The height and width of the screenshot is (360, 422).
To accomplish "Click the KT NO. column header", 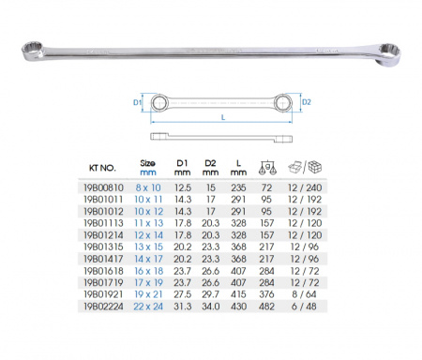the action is click(x=102, y=168).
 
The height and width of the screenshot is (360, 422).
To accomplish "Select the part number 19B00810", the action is click(x=103, y=187).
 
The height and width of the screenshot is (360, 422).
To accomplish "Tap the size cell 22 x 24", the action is click(x=148, y=307).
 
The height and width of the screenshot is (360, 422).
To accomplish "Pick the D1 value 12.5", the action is click(x=183, y=187).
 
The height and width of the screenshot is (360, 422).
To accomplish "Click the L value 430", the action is click(x=238, y=307).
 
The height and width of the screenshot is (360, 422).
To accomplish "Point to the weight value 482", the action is click(x=266, y=307).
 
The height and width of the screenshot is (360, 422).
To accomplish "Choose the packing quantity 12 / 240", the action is click(x=305, y=187).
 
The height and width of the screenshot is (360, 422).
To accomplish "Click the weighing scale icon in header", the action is click(x=267, y=168).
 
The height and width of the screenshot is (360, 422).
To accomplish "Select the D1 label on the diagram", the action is click(x=137, y=102).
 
